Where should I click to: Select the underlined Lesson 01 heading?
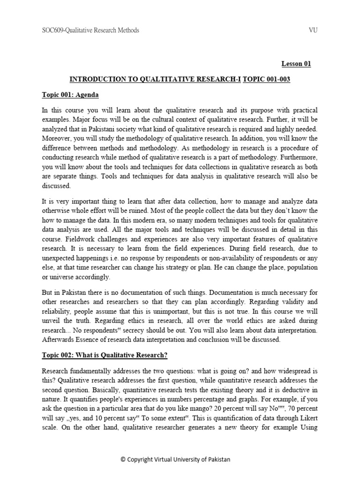296,64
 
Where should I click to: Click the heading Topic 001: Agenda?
70,95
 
